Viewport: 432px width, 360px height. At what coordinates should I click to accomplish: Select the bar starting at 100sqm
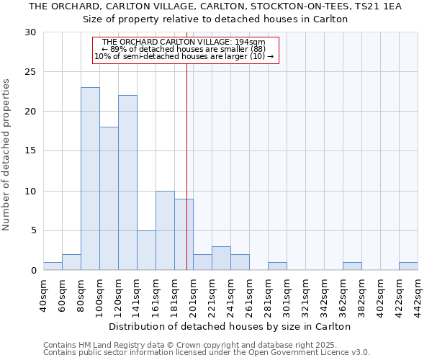tap(109, 199)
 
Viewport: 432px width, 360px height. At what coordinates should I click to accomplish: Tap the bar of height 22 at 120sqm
tap(127, 183)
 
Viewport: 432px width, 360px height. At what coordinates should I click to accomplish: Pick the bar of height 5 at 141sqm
tap(146, 251)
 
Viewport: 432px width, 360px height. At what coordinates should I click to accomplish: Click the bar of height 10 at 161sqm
tap(165, 230)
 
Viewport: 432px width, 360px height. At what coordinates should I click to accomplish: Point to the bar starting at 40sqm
tap(53, 266)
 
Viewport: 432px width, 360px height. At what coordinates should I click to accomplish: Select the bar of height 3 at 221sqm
tap(221, 258)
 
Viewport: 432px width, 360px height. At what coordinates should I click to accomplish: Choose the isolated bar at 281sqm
tap(277, 266)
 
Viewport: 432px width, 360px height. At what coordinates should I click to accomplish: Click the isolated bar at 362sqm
tap(352, 266)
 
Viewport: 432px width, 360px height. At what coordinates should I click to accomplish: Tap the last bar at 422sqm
tap(408, 266)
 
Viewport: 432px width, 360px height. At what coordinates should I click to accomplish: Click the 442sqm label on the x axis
tap(418, 295)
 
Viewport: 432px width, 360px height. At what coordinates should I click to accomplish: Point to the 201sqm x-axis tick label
tap(193, 295)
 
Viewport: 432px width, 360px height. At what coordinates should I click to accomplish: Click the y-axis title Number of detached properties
tap(6, 154)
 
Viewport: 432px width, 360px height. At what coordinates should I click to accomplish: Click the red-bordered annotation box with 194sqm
tap(184, 50)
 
